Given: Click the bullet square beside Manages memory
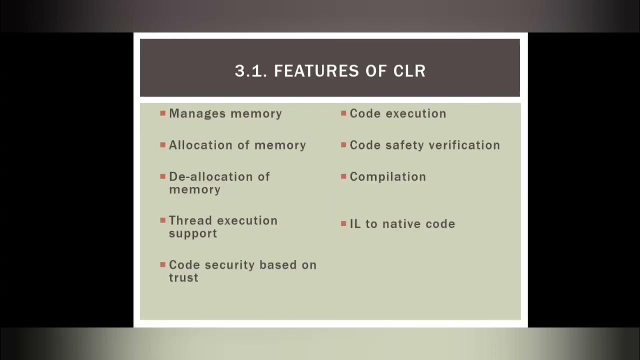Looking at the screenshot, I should click(x=162, y=113).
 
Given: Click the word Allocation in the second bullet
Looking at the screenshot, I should click(x=201, y=145).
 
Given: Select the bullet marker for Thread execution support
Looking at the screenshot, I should click(x=162, y=220).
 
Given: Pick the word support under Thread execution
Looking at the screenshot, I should click(x=192, y=234).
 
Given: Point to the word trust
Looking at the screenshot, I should click(x=183, y=278).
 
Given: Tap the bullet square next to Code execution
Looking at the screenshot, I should click(x=343, y=113).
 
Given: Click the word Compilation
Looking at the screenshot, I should click(x=387, y=177).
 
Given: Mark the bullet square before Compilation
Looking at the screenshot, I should click(x=343, y=177).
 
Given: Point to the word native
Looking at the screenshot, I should click(x=401, y=224).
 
